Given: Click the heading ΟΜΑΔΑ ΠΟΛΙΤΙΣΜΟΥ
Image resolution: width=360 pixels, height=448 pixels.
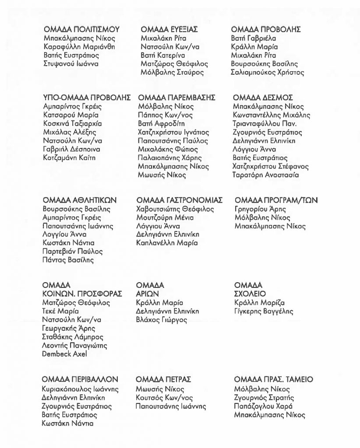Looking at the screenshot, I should point(81,30).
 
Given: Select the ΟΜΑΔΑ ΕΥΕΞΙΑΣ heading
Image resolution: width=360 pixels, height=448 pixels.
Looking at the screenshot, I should point(169,30).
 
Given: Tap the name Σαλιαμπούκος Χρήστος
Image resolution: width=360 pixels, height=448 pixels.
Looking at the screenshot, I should point(267,73).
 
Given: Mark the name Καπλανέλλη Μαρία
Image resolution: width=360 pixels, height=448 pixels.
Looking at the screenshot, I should point(167,243).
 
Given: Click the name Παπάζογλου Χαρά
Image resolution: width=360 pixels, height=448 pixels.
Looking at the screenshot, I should point(264,406).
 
